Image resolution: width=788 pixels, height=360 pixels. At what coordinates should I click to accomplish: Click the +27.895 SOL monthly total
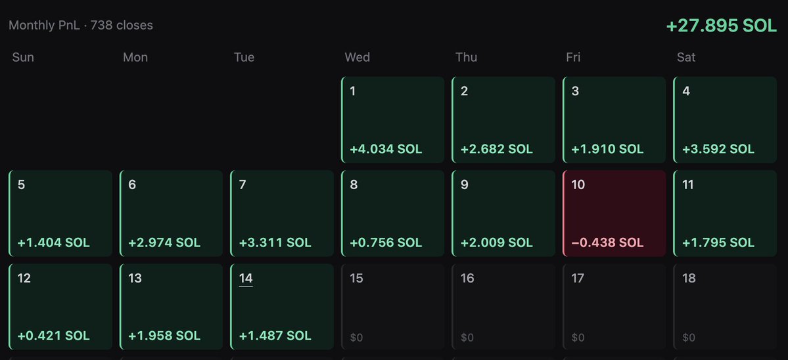click(721, 26)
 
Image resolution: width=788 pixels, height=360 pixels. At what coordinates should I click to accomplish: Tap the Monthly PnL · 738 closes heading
click(81, 25)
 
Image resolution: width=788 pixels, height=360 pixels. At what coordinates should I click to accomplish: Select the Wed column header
click(358, 57)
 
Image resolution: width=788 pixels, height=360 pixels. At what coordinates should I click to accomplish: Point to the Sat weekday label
click(686, 57)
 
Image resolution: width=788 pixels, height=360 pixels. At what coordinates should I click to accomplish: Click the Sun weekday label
click(23, 57)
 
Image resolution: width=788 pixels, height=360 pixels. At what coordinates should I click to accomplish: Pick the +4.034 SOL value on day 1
click(386, 149)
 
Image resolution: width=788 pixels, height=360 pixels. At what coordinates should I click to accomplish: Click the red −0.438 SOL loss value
click(607, 242)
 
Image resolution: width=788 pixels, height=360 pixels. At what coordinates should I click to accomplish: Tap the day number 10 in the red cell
click(578, 185)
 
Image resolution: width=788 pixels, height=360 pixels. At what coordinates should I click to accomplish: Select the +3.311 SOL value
click(275, 242)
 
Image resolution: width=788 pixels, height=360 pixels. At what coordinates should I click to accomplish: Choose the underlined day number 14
click(246, 278)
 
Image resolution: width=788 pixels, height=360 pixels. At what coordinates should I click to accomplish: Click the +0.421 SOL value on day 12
click(53, 336)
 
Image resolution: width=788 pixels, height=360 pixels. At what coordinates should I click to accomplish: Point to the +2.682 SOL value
click(496, 149)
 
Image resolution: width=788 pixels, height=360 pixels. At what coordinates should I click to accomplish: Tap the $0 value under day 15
click(356, 338)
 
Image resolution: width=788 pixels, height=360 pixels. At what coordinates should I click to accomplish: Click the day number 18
click(689, 278)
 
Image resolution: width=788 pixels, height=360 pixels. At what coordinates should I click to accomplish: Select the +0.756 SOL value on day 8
click(386, 242)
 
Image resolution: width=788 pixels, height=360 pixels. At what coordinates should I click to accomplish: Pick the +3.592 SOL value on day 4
click(718, 149)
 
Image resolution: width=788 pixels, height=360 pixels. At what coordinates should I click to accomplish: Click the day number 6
click(132, 185)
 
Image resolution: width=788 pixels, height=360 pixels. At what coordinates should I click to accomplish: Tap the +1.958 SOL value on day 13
click(164, 336)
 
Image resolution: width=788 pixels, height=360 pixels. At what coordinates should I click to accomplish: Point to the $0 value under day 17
click(578, 338)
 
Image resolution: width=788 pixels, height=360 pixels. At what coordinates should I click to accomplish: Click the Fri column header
click(573, 57)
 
